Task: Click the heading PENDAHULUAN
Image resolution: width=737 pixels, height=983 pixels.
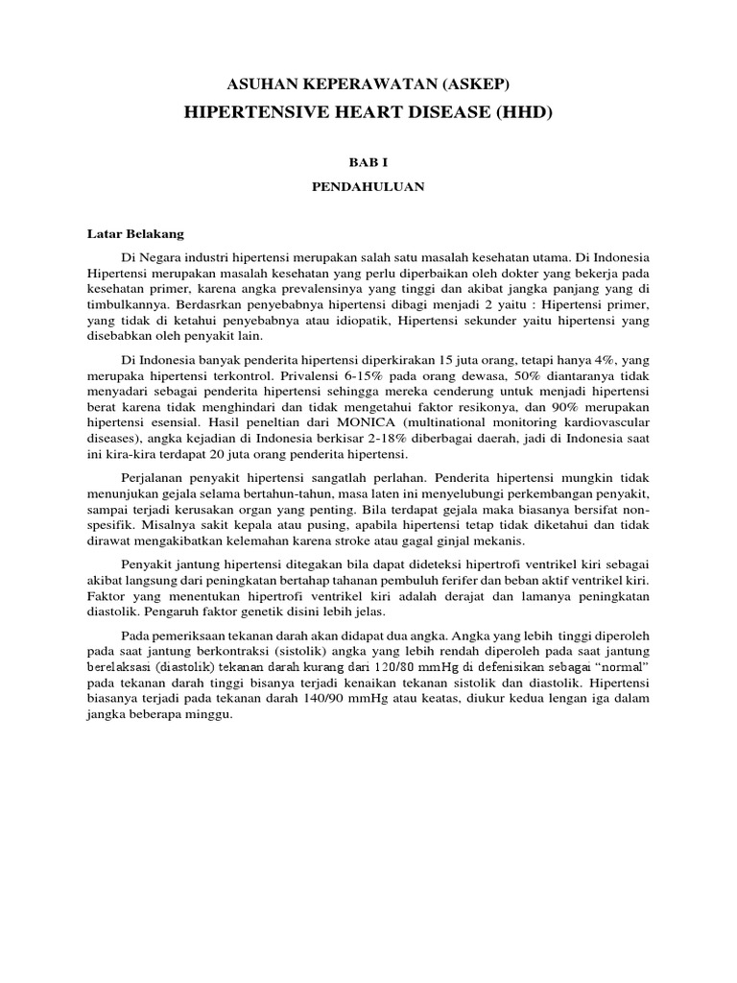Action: click(x=368, y=188)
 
